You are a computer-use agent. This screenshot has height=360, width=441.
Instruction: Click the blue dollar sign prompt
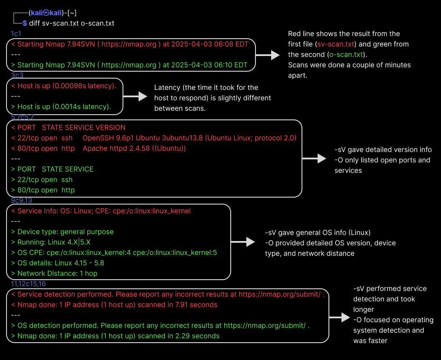(25, 23)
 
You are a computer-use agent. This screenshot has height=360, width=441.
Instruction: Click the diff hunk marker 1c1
(16, 34)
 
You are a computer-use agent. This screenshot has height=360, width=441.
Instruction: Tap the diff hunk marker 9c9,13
(21, 200)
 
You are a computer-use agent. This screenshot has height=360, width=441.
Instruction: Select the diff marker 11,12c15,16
(28, 284)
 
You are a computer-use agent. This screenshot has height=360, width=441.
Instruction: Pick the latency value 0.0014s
(66, 106)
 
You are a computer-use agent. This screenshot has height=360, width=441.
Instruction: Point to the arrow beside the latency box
(135, 97)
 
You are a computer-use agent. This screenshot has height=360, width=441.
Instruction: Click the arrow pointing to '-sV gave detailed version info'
(314, 159)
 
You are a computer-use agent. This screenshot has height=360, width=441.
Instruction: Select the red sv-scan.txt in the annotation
(335, 44)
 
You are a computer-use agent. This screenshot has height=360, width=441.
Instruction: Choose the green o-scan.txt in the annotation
(346, 55)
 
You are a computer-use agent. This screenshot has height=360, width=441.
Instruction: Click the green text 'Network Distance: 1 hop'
(57, 274)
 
